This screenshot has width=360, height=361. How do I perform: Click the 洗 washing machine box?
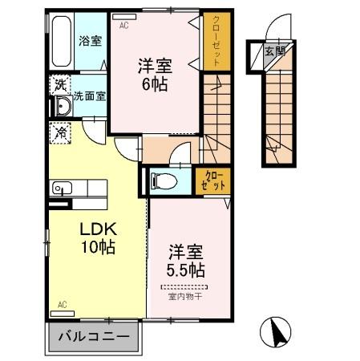coord(59,83)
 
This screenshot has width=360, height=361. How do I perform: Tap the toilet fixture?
coord(160,180)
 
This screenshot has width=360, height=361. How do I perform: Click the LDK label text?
coord(95,229)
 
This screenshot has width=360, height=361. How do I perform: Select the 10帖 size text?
coord(96,247)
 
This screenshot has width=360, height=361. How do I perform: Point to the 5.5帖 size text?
coord(184,267)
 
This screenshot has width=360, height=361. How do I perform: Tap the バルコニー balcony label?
coord(95,336)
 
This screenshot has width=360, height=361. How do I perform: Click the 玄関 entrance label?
coord(273,53)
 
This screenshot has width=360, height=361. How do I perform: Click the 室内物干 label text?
coord(184,296)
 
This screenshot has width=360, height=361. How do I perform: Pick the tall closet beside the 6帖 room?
coord(215,43)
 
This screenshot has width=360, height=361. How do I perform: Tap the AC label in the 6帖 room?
coord(124,26)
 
